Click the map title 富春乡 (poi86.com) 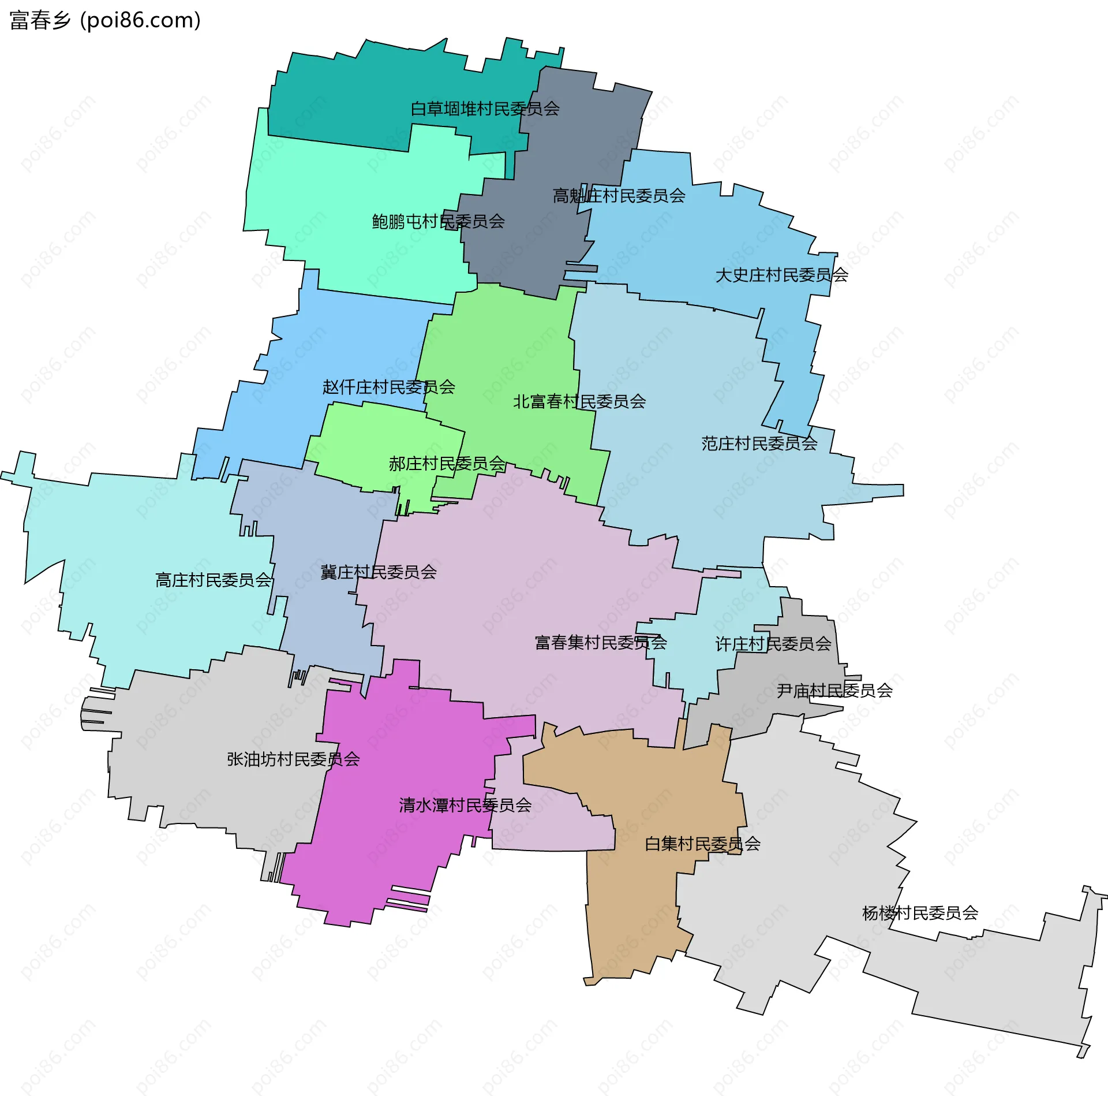pyautogui.click(x=105, y=21)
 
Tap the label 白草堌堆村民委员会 pyautogui.click(x=485, y=109)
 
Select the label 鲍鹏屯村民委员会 pyautogui.click(x=438, y=221)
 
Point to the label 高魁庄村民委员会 pyautogui.click(x=619, y=196)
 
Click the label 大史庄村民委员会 pyautogui.click(x=781, y=275)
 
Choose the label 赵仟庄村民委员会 pyautogui.click(x=388, y=387)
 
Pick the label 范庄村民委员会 pyautogui.click(x=759, y=443)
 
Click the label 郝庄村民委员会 pyautogui.click(x=447, y=463)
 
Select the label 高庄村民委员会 pyautogui.click(x=213, y=580)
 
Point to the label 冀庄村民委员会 pyautogui.click(x=378, y=572)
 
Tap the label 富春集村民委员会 pyautogui.click(x=600, y=642)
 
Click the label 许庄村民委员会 pyautogui.click(x=773, y=644)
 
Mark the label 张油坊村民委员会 pyautogui.click(x=293, y=759)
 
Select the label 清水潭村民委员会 pyautogui.click(x=465, y=805)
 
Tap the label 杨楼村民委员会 pyautogui.click(x=920, y=913)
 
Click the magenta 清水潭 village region pyautogui.click(x=392, y=855)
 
